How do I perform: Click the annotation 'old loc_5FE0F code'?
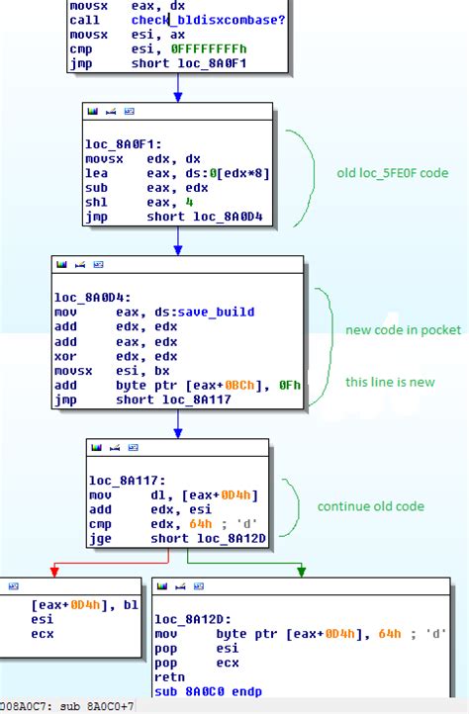point(393,173)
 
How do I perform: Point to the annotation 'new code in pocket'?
point(403,329)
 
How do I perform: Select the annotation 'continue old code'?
point(370,506)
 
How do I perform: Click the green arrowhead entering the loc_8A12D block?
point(301,571)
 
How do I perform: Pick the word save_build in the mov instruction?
point(213,312)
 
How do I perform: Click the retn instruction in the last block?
point(170,676)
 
